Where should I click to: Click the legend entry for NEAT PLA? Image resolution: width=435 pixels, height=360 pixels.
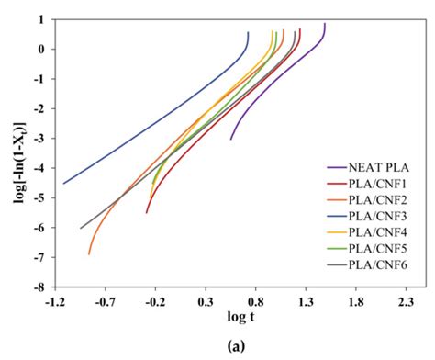(x=382, y=167)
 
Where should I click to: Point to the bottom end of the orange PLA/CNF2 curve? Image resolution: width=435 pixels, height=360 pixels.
(x=89, y=253)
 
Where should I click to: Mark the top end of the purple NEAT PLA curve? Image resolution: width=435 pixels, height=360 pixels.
(x=324, y=25)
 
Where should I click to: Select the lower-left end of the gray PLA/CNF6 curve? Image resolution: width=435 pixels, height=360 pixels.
(x=81, y=228)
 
